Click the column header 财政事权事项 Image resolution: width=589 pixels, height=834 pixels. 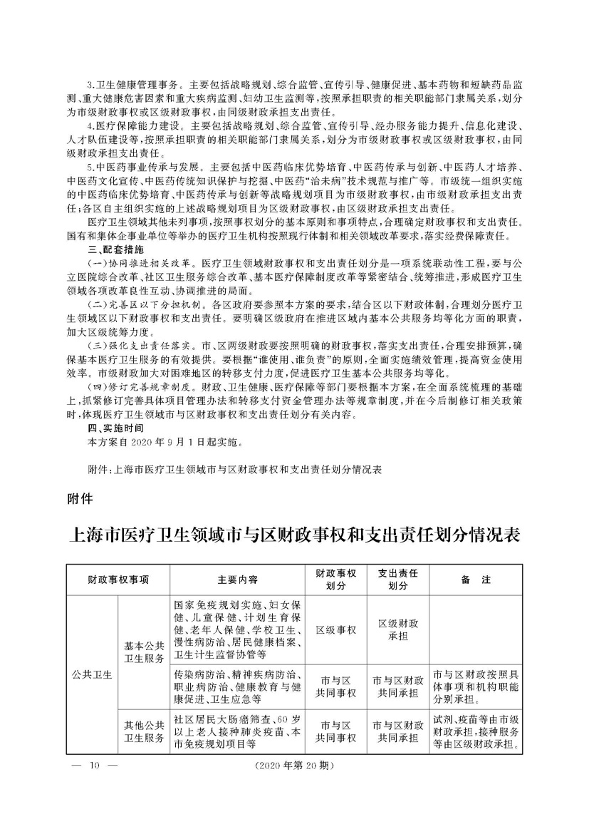(x=118, y=580)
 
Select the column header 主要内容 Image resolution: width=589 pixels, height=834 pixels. (x=238, y=580)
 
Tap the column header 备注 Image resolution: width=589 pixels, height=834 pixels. (x=476, y=580)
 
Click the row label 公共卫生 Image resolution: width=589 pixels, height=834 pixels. (x=92, y=674)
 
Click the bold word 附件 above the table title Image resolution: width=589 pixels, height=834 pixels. (x=78, y=498)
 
